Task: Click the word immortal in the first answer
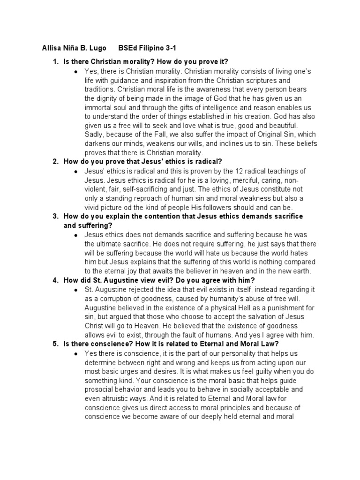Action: [99, 107]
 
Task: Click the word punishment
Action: [279, 307]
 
